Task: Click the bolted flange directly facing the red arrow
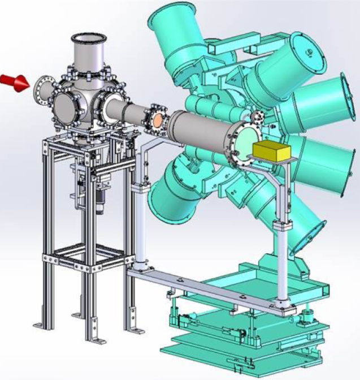tap(42, 89)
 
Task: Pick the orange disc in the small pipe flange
tap(158, 119)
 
